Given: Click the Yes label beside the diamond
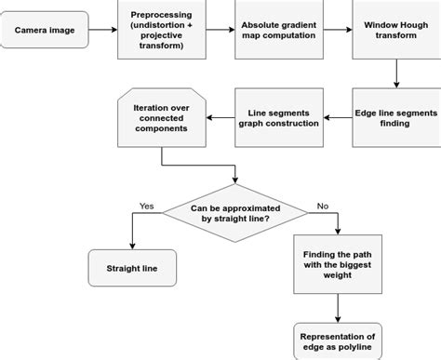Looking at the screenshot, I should coord(147,206).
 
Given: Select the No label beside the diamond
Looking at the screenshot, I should coord(322,206).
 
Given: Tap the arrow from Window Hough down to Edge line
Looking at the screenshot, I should coord(397,73).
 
